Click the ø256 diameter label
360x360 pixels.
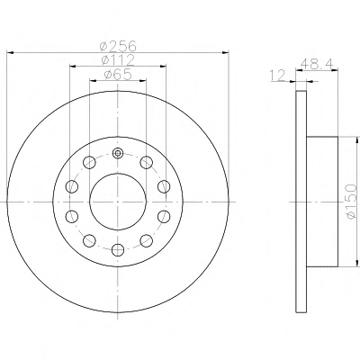118,46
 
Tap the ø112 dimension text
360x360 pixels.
118,59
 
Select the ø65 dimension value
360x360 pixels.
118,75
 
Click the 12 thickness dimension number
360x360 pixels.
277,76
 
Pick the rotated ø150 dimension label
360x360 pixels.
350,202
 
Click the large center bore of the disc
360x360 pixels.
118,202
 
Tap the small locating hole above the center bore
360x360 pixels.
118,154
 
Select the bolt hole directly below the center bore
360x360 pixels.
118,249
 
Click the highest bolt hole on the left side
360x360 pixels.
89,162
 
